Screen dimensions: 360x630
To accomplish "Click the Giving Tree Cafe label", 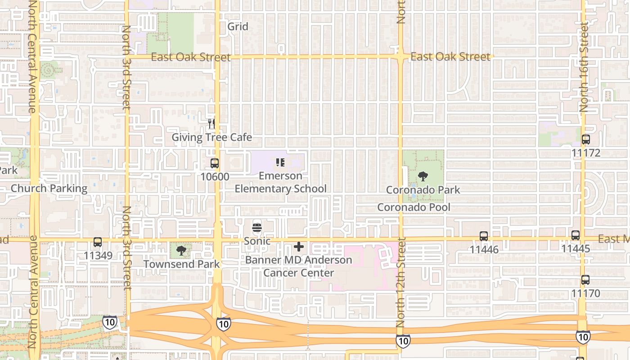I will (x=212, y=137).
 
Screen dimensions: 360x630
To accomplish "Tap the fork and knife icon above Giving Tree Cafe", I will (x=211, y=123).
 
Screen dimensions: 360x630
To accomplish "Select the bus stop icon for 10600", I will (x=215, y=163).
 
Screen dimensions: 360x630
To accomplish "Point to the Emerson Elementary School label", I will (x=281, y=182).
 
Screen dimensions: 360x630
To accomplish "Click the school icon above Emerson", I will (x=280, y=162).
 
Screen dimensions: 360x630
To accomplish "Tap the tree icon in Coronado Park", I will (x=423, y=176).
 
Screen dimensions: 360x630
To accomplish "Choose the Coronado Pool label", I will (x=414, y=207).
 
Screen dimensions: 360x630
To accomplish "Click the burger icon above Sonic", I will (x=257, y=228).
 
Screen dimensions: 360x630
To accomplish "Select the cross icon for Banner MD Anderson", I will (x=298, y=247).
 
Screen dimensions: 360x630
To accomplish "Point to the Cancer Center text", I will (x=299, y=273).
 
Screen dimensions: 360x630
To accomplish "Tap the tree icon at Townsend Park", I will (x=181, y=251).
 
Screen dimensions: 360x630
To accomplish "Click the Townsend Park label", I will (x=182, y=264).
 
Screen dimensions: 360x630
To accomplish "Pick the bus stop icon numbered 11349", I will (x=98, y=242).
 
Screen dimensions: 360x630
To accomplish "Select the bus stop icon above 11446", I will (x=484, y=236).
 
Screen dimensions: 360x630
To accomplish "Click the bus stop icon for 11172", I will (x=585, y=139).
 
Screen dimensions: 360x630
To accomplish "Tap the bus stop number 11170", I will (x=585, y=293).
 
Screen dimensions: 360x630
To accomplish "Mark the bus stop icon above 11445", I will (x=575, y=235).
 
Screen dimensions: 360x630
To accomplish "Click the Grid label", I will (x=238, y=27).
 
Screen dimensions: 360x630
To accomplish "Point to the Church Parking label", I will (x=49, y=188).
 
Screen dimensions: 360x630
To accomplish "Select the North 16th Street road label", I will (x=584, y=67).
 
